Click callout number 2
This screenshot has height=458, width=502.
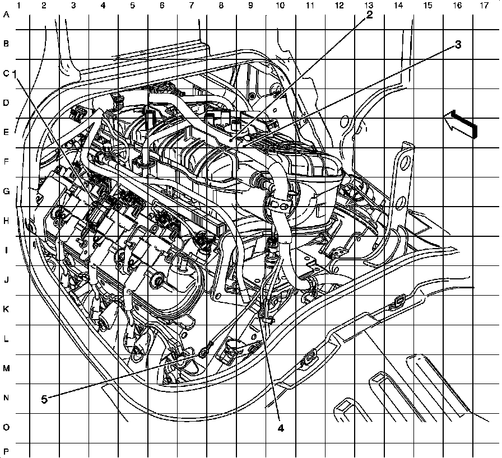[x=369, y=16]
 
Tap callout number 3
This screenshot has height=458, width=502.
[x=458, y=45]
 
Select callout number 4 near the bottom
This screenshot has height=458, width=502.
[x=281, y=428]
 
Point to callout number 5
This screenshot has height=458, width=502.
[x=44, y=399]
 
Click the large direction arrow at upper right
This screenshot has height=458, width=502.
[x=462, y=123]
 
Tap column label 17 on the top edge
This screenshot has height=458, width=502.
[x=484, y=5]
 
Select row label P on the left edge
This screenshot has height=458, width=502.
[x=7, y=451]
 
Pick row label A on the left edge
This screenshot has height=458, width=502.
[x=7, y=15]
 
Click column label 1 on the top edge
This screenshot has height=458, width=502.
[x=19, y=5]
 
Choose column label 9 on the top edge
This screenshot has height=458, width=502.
[x=250, y=5]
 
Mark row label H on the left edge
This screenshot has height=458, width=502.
[x=7, y=221]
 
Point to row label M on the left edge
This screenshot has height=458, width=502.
[x=7, y=368]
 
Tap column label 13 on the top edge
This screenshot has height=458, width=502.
[x=368, y=5]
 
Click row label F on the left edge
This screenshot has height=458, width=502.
[x=7, y=162]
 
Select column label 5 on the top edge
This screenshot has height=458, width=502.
[x=132, y=5]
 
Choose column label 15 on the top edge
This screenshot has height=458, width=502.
[x=427, y=5]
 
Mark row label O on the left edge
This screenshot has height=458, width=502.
[x=7, y=427]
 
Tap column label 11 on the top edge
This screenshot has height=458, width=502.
[x=309, y=5]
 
